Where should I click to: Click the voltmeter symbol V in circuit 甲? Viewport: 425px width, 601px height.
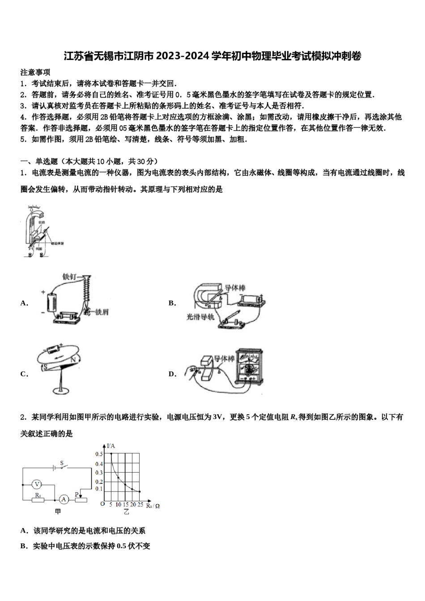[37, 484]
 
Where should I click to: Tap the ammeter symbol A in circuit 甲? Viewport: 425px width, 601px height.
[64, 499]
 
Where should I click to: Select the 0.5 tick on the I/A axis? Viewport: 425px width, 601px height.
[99, 454]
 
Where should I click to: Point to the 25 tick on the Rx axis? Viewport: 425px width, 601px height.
[140, 505]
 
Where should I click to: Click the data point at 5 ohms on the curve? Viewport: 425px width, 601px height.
[110, 454]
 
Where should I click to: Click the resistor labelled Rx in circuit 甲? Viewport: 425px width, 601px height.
[38, 499]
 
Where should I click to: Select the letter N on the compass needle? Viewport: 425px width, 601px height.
[72, 359]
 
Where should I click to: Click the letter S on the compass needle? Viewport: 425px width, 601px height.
[45, 366]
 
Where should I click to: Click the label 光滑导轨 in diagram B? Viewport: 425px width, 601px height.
[201, 317]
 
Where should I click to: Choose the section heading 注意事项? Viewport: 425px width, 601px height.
[35, 72]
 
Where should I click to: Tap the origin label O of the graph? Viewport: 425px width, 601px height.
[102, 504]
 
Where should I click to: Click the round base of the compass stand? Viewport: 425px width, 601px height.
[59, 390]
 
